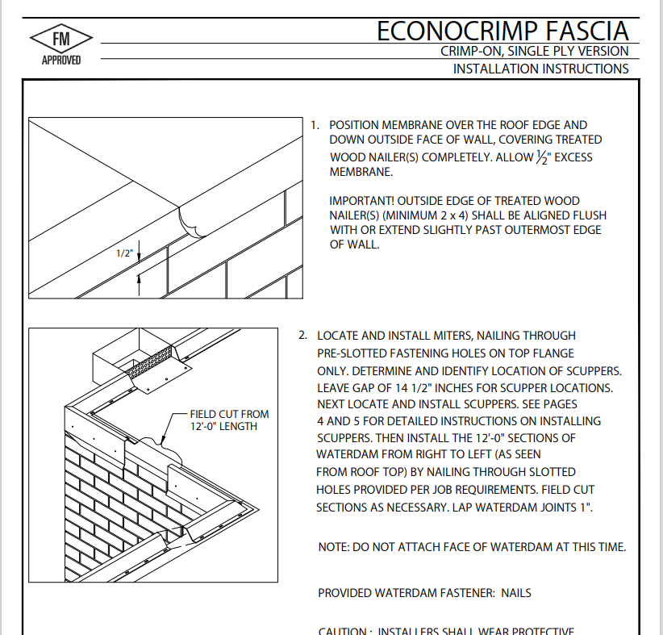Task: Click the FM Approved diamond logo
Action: [61, 40]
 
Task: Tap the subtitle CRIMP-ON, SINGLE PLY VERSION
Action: [534, 52]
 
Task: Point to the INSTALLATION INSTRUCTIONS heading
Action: [540, 69]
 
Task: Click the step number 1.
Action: [315, 126]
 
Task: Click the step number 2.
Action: [302, 336]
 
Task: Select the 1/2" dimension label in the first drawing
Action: [124, 253]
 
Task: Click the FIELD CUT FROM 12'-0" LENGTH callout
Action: [229, 420]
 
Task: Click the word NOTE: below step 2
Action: [334, 547]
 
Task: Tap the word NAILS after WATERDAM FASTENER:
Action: [516, 593]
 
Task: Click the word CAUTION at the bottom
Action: [344, 631]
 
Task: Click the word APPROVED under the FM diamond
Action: [61, 61]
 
